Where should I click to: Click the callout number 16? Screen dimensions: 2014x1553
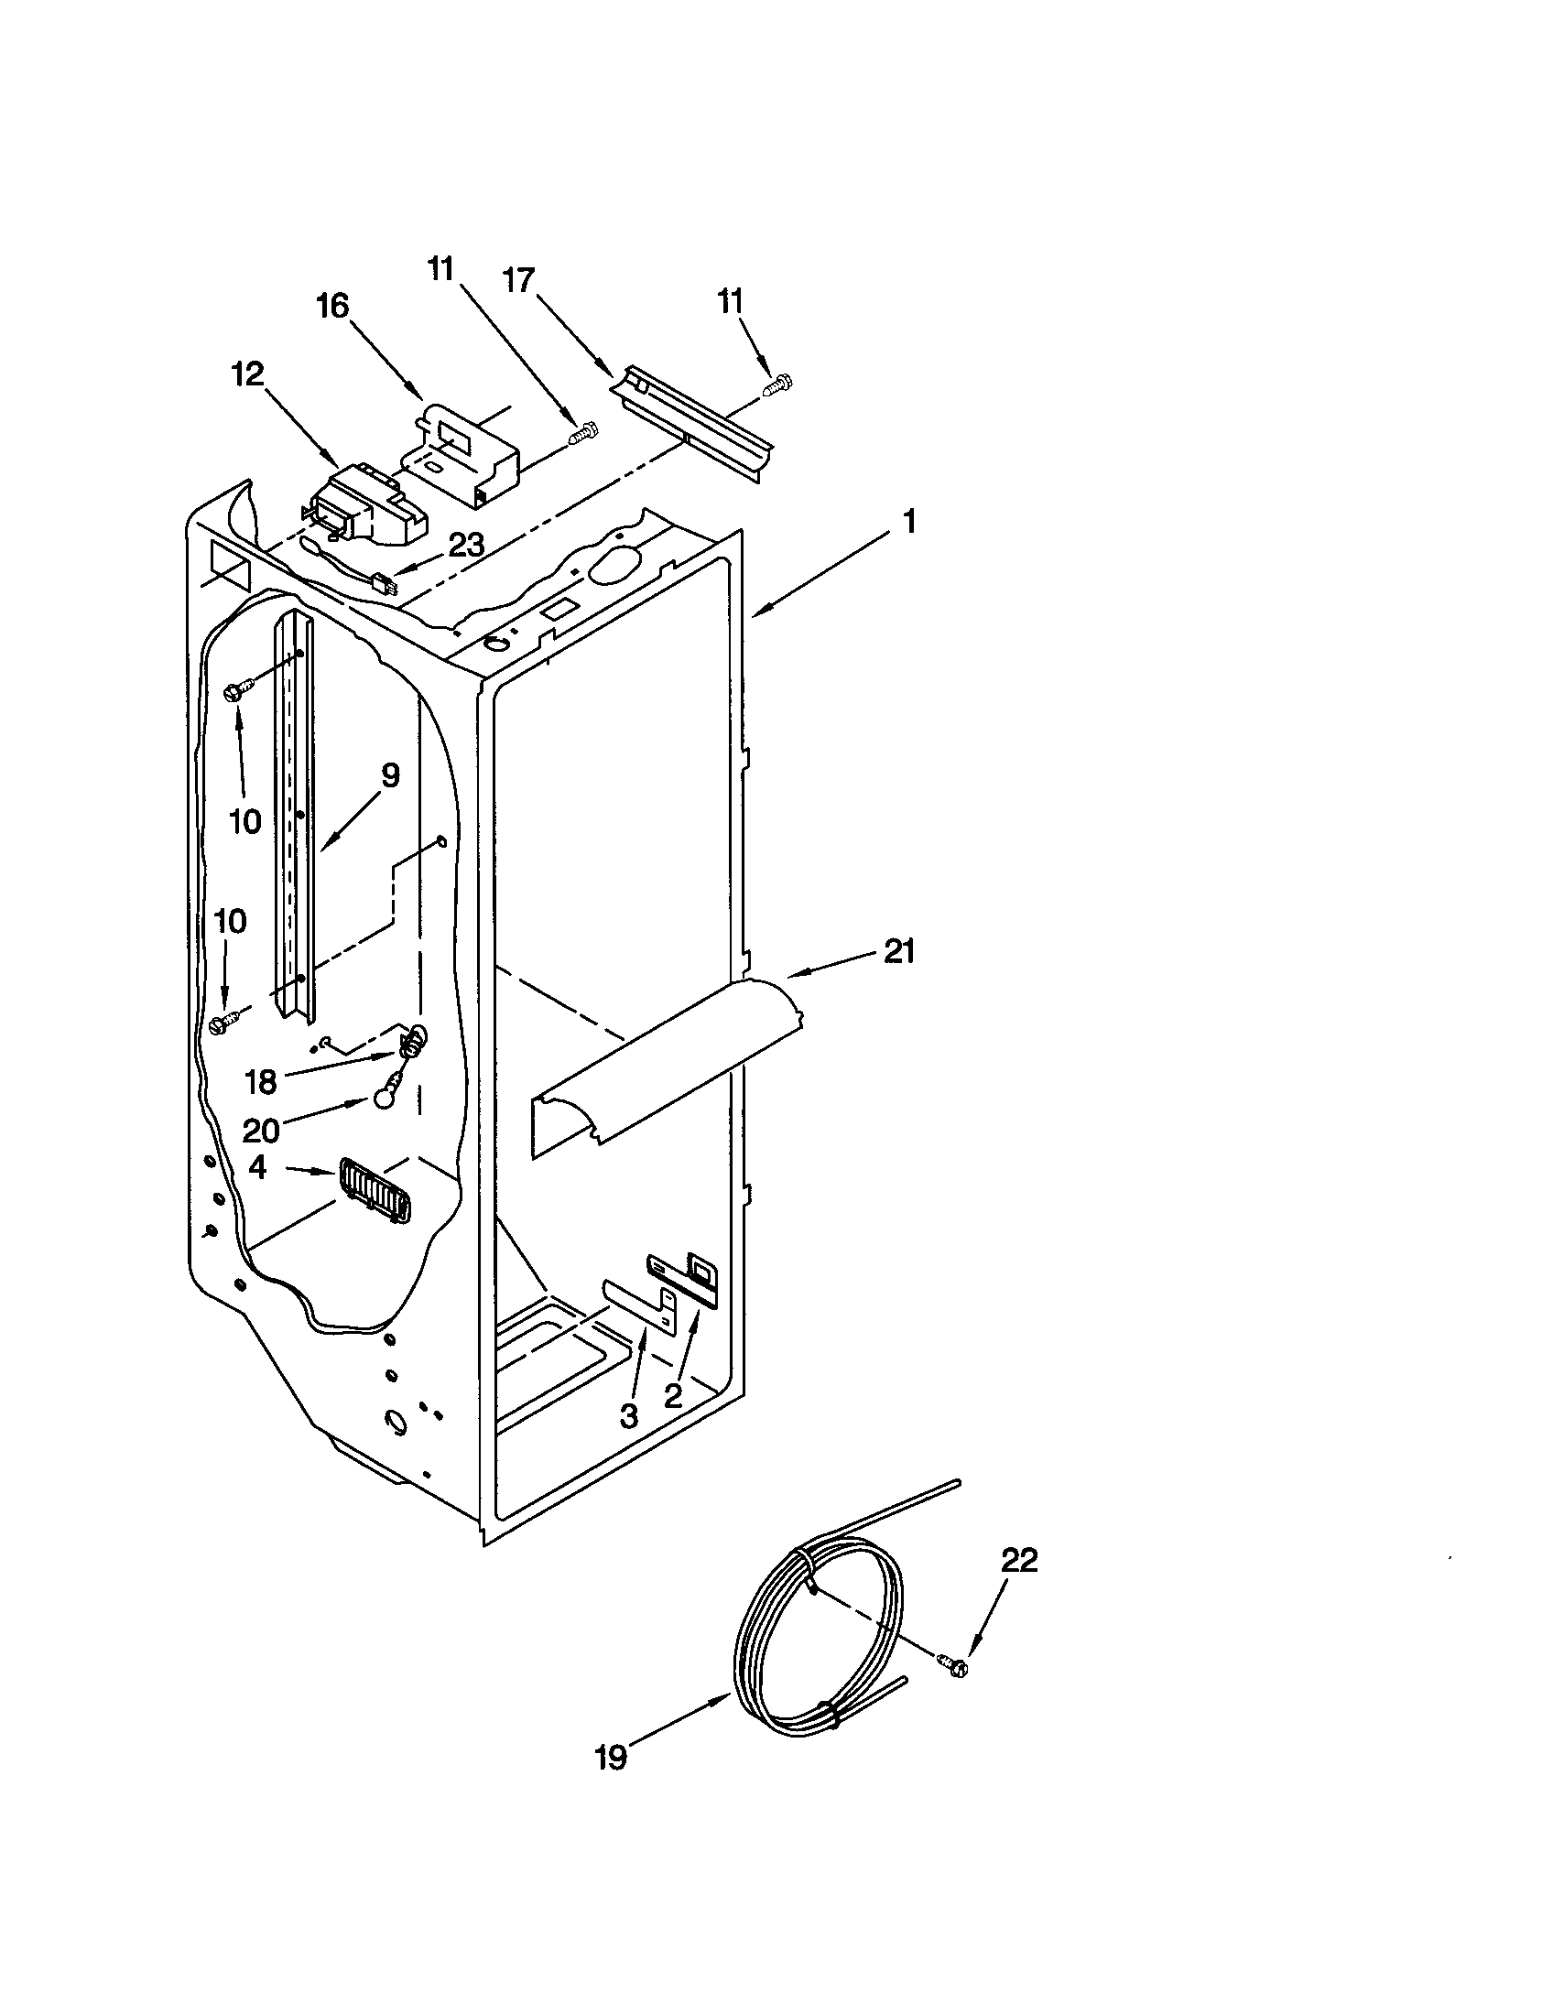point(333,305)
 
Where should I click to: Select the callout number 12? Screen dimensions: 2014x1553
point(248,374)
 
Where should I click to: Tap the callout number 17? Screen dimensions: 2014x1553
point(519,279)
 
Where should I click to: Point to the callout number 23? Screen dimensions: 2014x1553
point(466,545)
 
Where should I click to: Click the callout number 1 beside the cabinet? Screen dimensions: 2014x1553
point(908,523)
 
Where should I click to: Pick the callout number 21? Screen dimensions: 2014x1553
point(899,951)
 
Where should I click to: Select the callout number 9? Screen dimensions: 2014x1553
point(390,776)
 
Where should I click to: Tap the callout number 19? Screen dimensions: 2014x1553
point(611,1783)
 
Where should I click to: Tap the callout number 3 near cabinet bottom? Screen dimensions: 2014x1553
point(628,1415)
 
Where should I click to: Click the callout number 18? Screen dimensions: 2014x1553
point(262,1082)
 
